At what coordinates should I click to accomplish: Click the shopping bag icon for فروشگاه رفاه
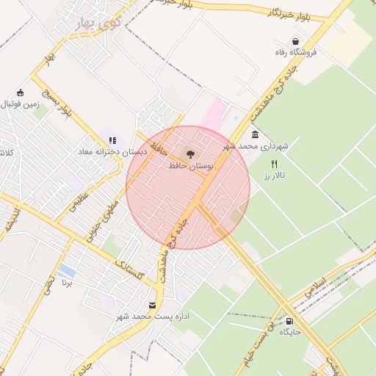click(x=295, y=41)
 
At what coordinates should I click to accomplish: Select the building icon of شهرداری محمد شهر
click(x=255, y=134)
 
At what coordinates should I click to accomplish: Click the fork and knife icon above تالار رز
click(x=275, y=164)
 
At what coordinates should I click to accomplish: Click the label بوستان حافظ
click(x=190, y=167)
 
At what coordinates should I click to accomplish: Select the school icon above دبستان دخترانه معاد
click(x=112, y=140)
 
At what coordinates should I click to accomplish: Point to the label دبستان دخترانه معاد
click(x=113, y=151)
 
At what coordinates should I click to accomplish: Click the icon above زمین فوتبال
click(x=20, y=93)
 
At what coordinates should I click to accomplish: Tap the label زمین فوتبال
click(x=19, y=104)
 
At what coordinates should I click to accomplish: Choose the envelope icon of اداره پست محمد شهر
click(x=152, y=305)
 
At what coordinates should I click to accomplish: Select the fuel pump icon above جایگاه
click(x=289, y=320)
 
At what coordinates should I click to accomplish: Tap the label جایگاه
click(x=289, y=332)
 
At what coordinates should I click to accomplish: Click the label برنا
click(x=67, y=283)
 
